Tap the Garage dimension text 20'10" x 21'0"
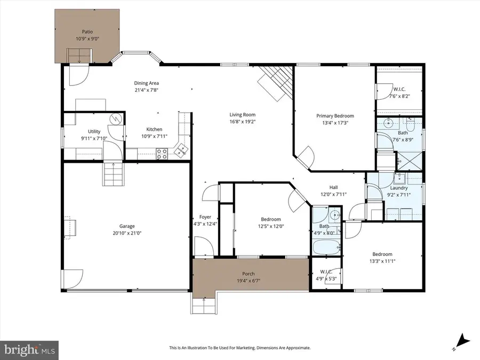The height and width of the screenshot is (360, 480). tap(127, 233)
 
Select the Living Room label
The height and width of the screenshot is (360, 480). tap(243, 115)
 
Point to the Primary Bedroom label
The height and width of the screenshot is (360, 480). tap(335, 116)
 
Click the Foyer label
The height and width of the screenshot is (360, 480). tap(205, 217)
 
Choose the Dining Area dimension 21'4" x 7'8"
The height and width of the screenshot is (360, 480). tap(146, 90)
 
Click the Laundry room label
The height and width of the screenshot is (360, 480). tap(399, 188)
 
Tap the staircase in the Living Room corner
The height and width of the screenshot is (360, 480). tap(276, 82)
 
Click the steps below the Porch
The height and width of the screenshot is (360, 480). tap(203, 306)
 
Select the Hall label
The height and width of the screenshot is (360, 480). tap(333, 187)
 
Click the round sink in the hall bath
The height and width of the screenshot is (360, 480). tap(333, 216)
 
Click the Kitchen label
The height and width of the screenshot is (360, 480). tap(155, 129)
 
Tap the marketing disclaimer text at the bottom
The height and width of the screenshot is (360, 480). tap(240, 348)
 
